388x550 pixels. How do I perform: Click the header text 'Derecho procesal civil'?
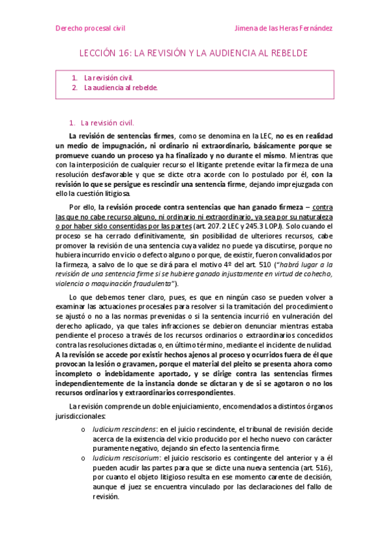[90, 29]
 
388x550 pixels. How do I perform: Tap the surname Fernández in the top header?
[312, 29]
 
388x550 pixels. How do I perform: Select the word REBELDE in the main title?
[286, 53]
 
